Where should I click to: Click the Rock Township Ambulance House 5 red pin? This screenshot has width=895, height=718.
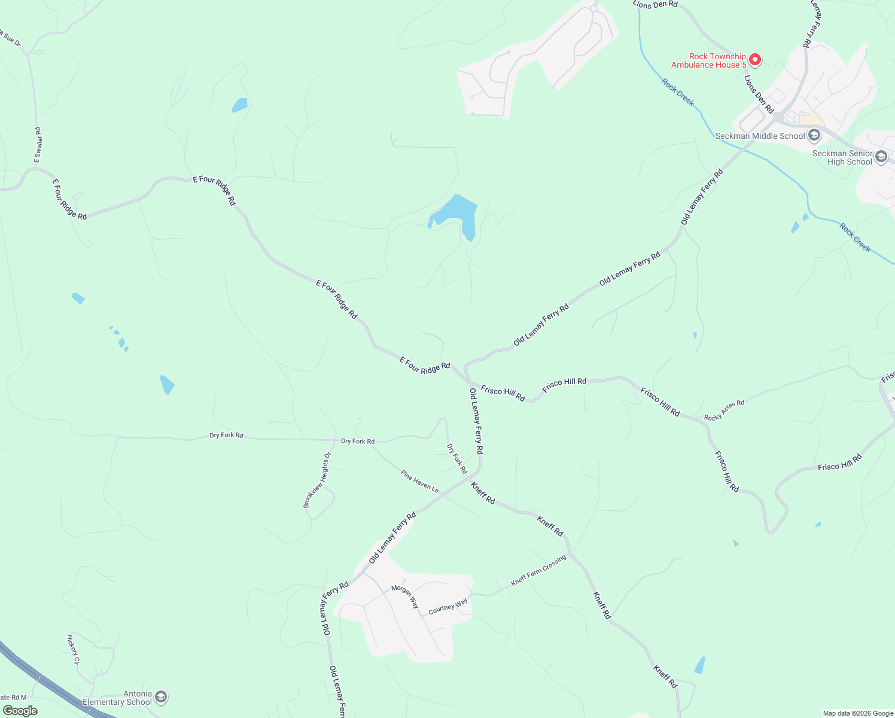coord(755,59)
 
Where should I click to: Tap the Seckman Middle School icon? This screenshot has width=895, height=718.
coord(814,136)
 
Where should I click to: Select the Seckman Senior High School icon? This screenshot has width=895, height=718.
coord(881,157)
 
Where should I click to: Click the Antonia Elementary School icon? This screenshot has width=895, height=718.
coord(160,697)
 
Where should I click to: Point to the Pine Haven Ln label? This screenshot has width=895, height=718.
coord(419,482)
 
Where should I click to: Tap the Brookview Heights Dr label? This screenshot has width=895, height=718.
coord(316,480)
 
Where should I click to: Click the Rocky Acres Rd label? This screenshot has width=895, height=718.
coord(724,410)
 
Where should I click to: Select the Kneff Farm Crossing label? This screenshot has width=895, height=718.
coord(538,571)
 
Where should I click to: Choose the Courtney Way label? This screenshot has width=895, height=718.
coord(448,607)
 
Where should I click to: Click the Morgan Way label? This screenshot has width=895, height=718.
coord(405,597)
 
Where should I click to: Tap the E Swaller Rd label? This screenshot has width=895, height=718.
coord(38,144)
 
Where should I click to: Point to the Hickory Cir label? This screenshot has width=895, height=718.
coord(73,649)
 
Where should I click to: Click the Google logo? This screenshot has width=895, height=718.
coord(20,710)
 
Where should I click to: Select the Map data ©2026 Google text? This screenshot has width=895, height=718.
coord(857,713)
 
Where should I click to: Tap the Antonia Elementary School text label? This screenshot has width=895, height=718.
coord(117,698)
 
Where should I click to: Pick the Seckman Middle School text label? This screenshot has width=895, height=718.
coord(760,136)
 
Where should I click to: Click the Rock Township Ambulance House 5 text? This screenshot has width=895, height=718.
coord(709,60)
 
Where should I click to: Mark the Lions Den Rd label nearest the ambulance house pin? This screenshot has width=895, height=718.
coord(759,94)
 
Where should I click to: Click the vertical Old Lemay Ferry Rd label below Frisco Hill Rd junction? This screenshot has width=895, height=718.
coord(476,421)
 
